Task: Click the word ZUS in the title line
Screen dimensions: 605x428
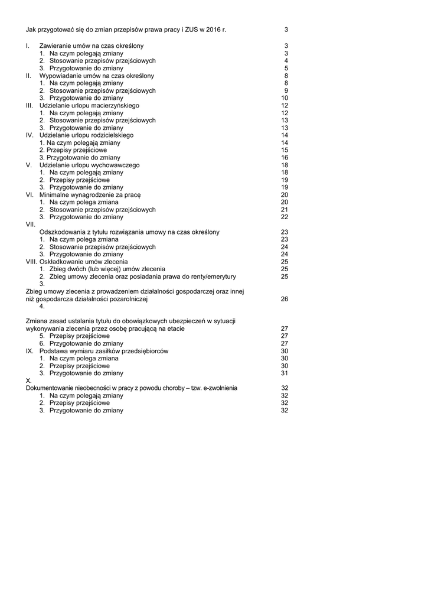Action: (x=192, y=30)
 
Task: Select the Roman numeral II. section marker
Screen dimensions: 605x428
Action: (x=29, y=76)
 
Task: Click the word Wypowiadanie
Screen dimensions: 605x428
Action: (x=58, y=76)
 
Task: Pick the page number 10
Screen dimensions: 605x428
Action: (x=285, y=98)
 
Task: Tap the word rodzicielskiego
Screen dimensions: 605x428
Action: (x=112, y=135)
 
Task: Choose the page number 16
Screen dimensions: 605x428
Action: (x=285, y=158)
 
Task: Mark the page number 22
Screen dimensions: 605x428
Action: (x=285, y=217)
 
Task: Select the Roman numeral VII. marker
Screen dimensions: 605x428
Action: (x=31, y=225)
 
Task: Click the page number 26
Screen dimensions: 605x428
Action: (x=285, y=299)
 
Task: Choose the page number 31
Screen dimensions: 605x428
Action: (x=285, y=373)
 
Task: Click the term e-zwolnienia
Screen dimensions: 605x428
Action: (x=218, y=388)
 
